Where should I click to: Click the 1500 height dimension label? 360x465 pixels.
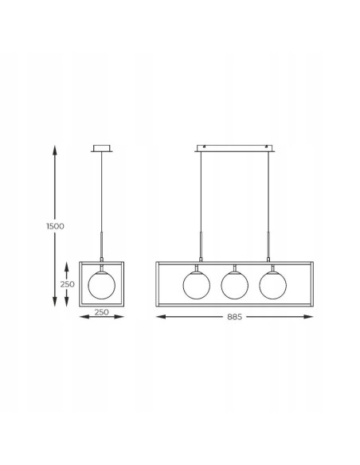55,226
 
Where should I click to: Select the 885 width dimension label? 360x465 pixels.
235,317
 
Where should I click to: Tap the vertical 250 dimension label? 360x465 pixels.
68,284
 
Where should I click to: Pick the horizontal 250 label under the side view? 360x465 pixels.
102,312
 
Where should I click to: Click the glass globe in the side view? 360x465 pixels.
102,285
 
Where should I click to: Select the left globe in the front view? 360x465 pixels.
197,285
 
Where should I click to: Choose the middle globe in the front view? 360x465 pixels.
235,285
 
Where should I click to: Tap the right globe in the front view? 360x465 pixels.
273,285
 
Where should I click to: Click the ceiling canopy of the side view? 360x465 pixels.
102,148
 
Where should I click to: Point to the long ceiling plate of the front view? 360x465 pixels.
235,148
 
